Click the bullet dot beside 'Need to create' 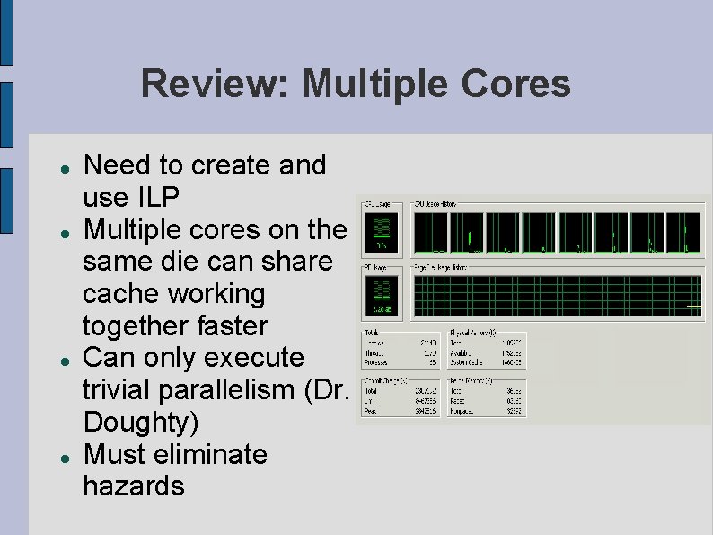(x=53, y=168)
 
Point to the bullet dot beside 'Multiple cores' (x=53, y=232)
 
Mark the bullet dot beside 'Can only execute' (x=53, y=360)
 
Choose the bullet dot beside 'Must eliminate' (x=53, y=457)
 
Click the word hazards (x=133, y=486)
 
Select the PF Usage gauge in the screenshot (x=382, y=295)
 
